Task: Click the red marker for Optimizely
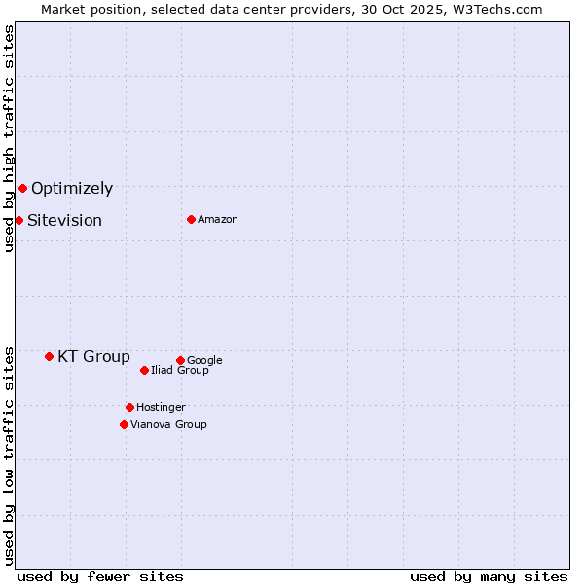(x=22, y=188)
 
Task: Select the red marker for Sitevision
(x=18, y=220)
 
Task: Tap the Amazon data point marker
(x=191, y=219)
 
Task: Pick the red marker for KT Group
(x=49, y=356)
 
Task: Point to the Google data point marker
(x=180, y=360)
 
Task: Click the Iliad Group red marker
(x=144, y=370)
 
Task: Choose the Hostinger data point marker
(x=129, y=407)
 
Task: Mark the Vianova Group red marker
(x=124, y=424)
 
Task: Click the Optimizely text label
(x=72, y=189)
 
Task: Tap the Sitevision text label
(x=64, y=221)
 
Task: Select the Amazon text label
(x=218, y=220)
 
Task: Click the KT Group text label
(x=93, y=357)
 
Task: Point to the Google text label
(x=204, y=361)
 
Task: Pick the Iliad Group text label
(x=180, y=371)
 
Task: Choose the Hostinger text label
(x=161, y=408)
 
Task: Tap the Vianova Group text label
(x=168, y=425)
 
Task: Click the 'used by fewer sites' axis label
(x=100, y=576)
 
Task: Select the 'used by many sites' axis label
(x=489, y=576)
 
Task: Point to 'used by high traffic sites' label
(x=9, y=138)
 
